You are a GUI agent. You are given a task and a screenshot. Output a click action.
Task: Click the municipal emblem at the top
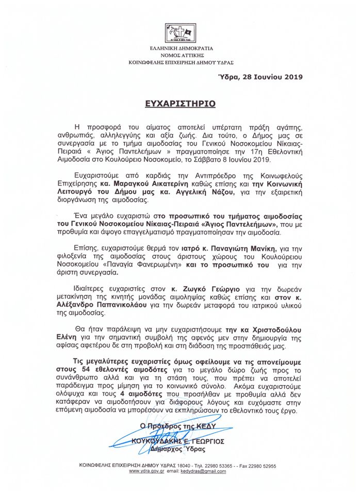tap(180, 33)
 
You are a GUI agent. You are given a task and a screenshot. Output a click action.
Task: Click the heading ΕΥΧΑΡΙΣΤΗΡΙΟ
tap(180, 104)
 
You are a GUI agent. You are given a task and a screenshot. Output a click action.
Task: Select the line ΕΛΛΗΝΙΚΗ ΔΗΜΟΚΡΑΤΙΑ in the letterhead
tap(180, 49)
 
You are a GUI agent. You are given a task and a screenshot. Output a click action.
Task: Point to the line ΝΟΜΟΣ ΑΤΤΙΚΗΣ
tap(180, 55)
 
